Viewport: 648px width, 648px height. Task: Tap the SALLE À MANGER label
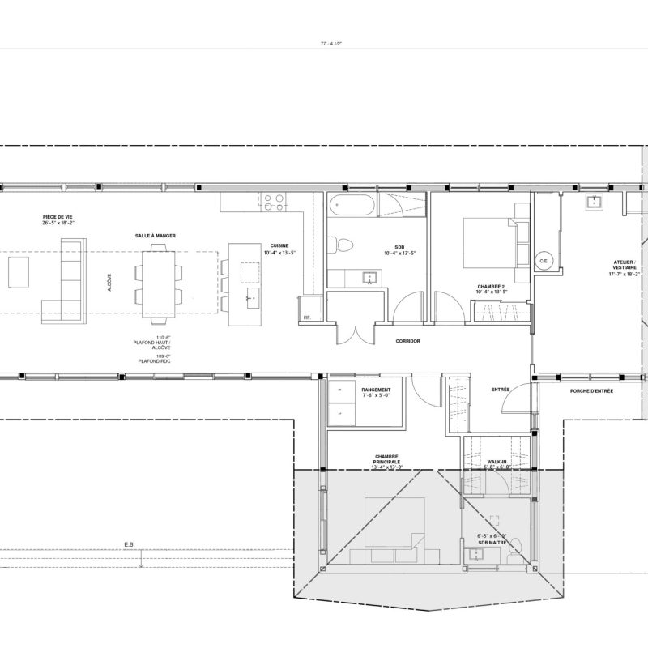coord(156,236)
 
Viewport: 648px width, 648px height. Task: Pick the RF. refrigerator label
coord(307,318)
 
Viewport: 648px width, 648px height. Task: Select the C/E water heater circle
coord(544,261)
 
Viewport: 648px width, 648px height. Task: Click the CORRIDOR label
coord(407,341)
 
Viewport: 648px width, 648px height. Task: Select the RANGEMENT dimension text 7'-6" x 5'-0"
coord(375,396)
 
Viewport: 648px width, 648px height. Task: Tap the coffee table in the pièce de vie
coord(19,271)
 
